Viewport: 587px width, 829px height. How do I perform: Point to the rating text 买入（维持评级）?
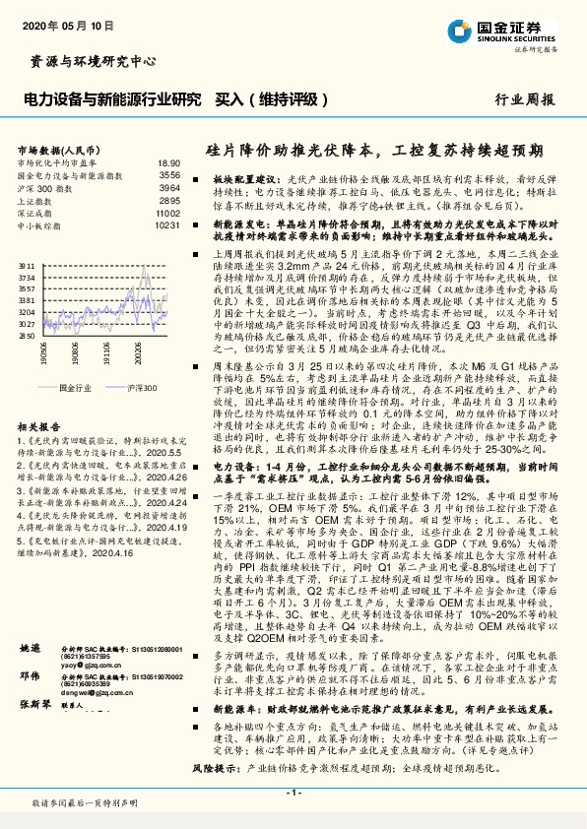point(272,99)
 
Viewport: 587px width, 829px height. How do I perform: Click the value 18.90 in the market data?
point(168,162)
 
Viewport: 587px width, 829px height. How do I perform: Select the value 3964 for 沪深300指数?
point(169,187)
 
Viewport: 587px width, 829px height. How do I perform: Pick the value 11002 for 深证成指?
point(168,213)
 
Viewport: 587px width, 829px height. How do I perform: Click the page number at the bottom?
point(293,793)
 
